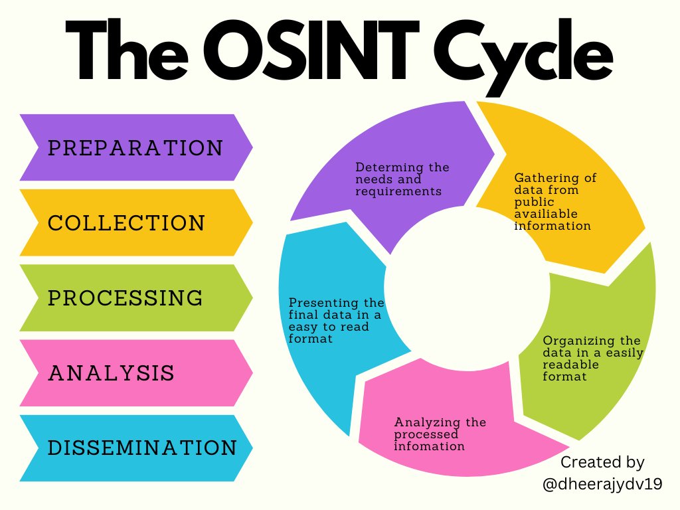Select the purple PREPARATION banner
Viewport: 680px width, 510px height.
point(135,147)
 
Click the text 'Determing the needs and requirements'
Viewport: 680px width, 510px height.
point(402,179)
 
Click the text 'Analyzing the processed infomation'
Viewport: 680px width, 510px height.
point(440,434)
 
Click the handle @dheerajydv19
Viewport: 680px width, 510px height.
point(602,485)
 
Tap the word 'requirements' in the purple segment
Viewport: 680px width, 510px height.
point(398,191)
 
